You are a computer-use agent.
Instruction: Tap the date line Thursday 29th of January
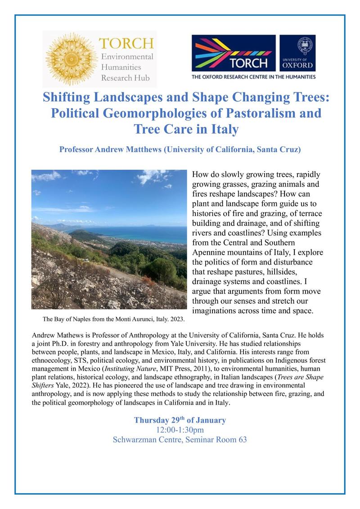(180, 420)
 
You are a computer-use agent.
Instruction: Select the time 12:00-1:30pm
(180, 430)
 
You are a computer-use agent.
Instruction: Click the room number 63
(242, 440)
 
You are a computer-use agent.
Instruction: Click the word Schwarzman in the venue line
(137, 440)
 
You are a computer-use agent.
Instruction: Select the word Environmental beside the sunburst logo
(127, 57)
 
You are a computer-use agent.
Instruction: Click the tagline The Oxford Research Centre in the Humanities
(253, 77)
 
